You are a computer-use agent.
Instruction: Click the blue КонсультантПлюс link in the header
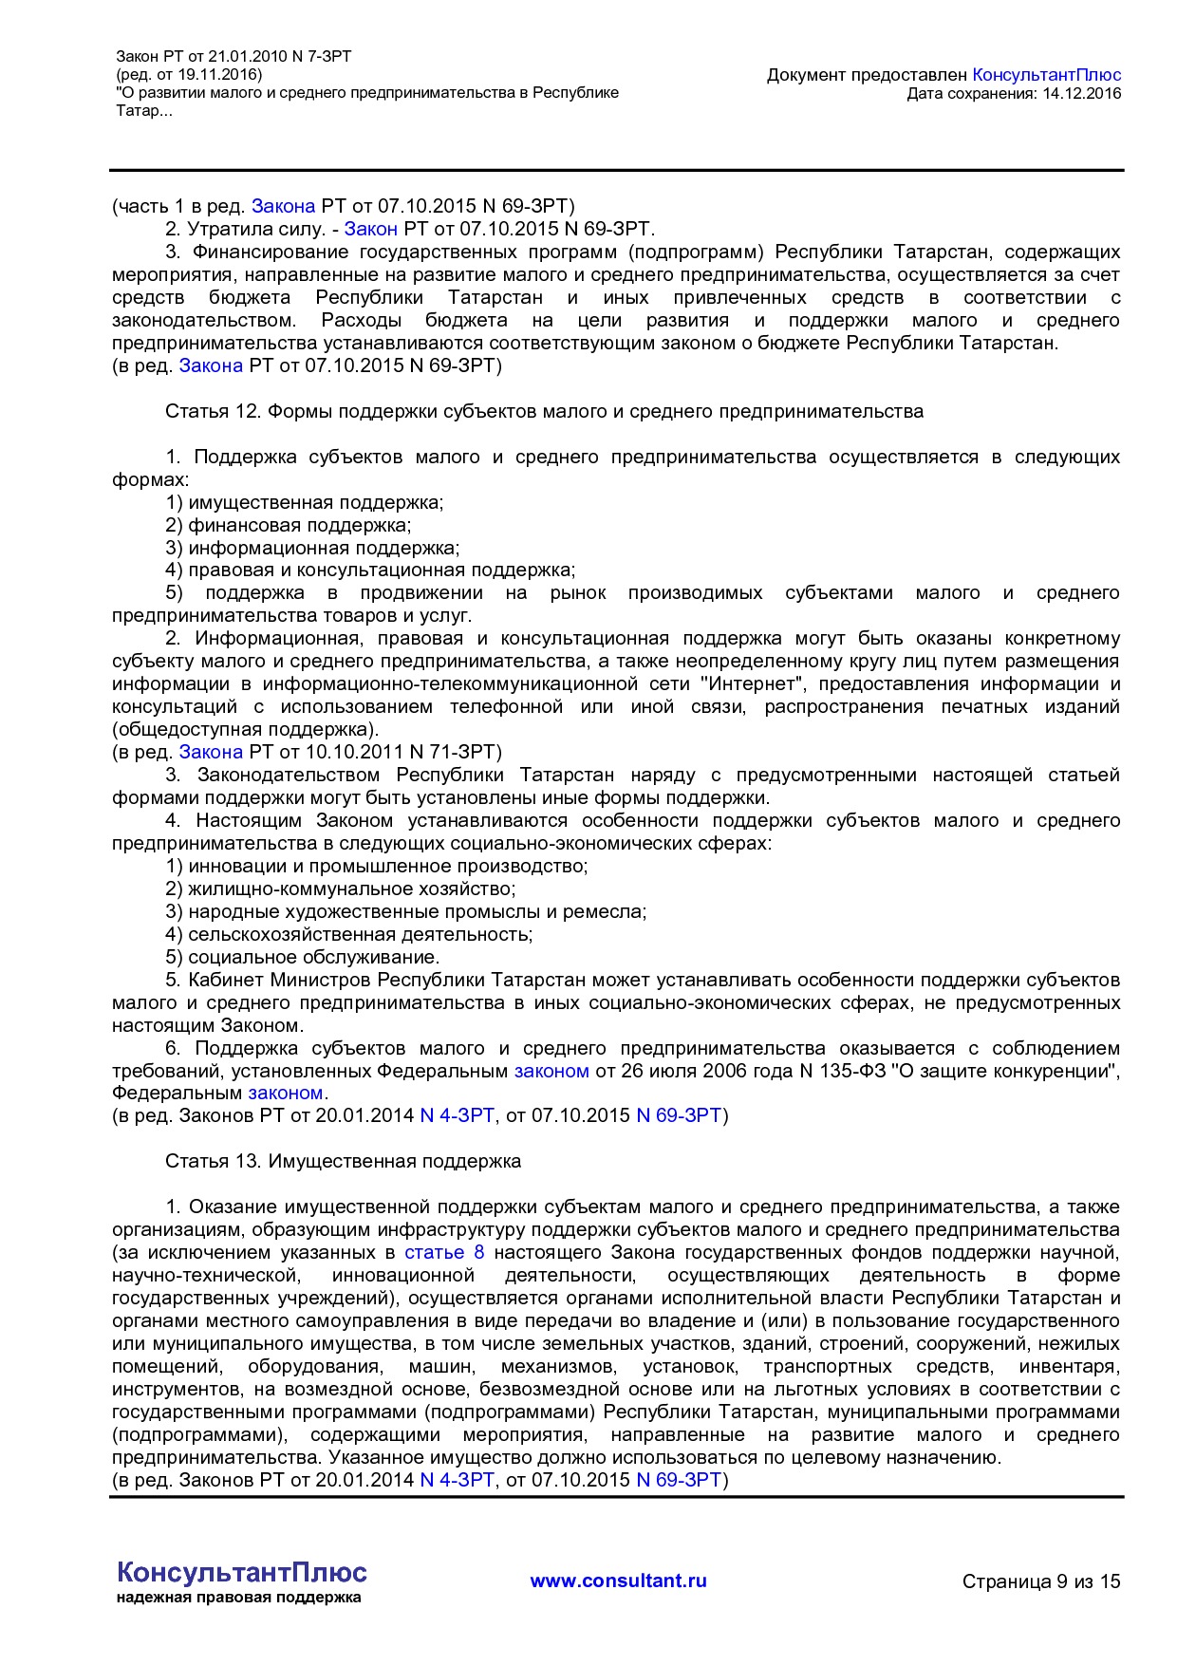pyautogui.click(x=1046, y=75)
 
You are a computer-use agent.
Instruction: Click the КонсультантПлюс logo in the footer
pyautogui.click(x=241, y=1572)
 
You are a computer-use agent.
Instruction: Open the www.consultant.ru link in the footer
pyautogui.click(x=618, y=1581)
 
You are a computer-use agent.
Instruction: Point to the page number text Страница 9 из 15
pyautogui.click(x=1040, y=1581)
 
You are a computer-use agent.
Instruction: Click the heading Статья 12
pyautogui.click(x=544, y=411)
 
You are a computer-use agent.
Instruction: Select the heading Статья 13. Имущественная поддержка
pyautogui.click(x=343, y=1161)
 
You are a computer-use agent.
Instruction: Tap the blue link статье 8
pyautogui.click(x=444, y=1252)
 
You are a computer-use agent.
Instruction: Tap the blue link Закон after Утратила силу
pyautogui.click(x=370, y=229)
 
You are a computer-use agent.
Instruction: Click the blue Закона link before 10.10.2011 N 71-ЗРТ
pyautogui.click(x=211, y=752)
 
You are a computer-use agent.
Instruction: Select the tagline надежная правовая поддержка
pyautogui.click(x=238, y=1598)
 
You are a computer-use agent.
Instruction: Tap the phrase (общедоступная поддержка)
pyautogui.click(x=245, y=729)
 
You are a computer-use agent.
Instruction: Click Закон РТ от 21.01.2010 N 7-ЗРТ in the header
pyautogui.click(x=234, y=57)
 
